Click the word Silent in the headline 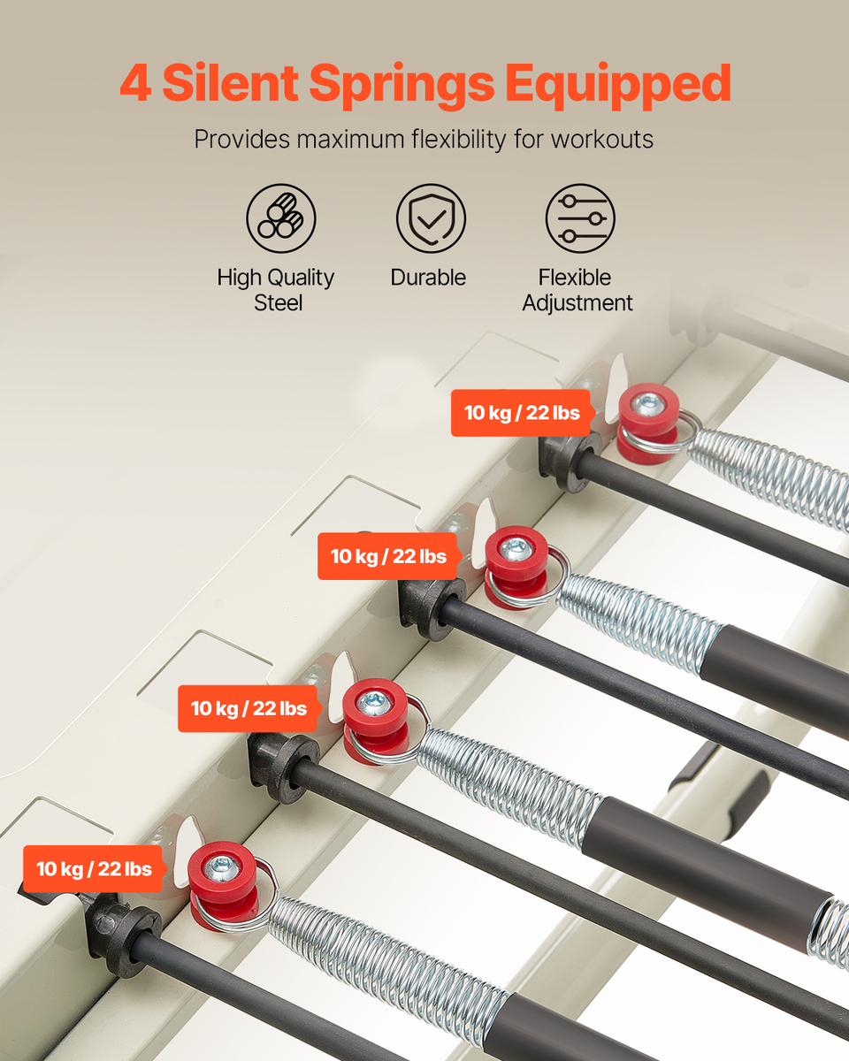click(x=230, y=82)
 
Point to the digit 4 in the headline click(x=135, y=83)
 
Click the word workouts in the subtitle click(x=602, y=140)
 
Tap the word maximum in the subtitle click(x=350, y=140)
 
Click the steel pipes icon click(x=281, y=218)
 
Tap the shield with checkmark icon click(x=431, y=218)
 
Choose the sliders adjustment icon click(x=580, y=218)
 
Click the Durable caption click(x=428, y=278)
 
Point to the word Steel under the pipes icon click(x=279, y=302)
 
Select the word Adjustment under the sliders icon click(x=577, y=302)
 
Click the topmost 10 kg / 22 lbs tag click(x=522, y=413)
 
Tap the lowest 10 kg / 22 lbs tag click(x=94, y=869)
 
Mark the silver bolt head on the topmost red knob click(x=646, y=405)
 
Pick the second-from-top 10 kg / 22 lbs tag click(x=388, y=556)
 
